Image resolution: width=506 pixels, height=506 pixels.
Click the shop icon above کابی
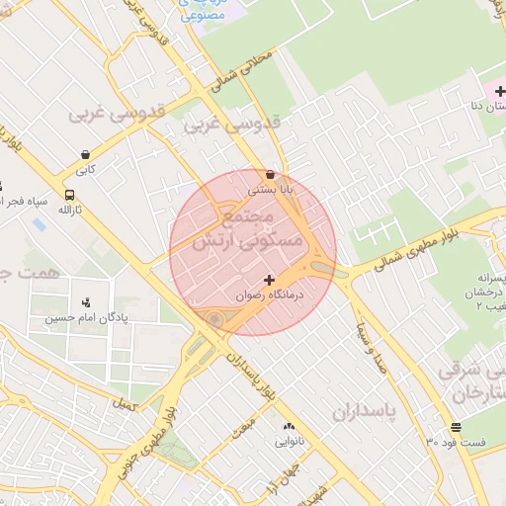86,155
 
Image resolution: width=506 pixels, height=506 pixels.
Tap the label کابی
86,170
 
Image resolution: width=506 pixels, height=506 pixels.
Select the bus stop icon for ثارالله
69,195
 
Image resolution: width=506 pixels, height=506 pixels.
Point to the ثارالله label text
69,210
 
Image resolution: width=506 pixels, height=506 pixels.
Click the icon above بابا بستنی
270,173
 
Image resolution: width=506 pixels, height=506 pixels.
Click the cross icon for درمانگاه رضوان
269,281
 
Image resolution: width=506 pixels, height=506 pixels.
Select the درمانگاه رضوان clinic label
269,295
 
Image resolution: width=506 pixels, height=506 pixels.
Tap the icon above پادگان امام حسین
86,303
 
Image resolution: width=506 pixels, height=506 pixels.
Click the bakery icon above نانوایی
289,427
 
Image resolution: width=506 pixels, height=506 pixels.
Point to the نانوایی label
289,442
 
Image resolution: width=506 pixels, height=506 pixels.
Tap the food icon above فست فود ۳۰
456,428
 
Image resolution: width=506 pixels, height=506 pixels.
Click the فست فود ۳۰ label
456,443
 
